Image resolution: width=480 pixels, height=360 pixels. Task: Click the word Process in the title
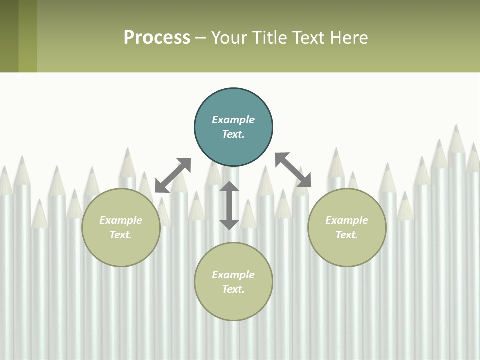coord(157,38)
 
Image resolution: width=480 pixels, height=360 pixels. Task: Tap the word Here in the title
coord(350,38)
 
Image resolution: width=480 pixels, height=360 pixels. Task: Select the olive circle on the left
coord(121,250)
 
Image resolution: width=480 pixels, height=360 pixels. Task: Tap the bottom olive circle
coord(233,305)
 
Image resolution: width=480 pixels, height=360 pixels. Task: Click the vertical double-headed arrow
coord(229,205)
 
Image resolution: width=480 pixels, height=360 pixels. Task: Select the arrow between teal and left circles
coord(173,175)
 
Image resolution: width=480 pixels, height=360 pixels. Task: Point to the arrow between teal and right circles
coord(293,170)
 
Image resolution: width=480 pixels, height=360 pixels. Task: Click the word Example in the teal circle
coord(233,120)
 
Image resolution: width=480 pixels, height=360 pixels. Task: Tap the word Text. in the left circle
coord(121,235)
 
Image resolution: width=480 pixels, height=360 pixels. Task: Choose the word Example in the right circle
coord(347,220)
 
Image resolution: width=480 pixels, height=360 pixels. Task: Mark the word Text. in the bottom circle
coord(233,289)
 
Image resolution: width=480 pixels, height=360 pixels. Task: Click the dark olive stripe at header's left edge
coord(9,36)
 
